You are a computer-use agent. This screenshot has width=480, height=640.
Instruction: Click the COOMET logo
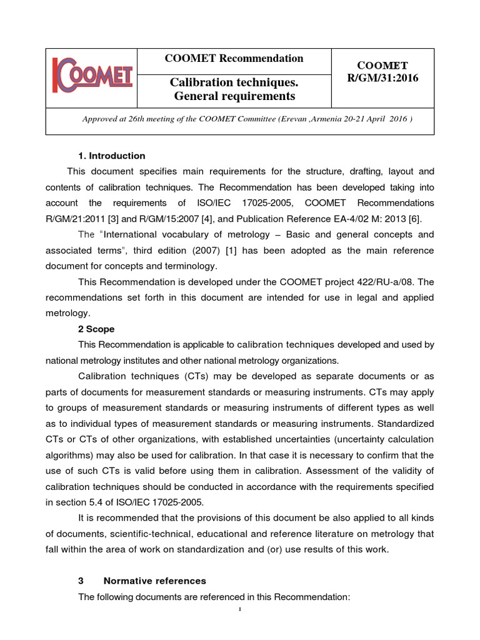[x=92, y=77]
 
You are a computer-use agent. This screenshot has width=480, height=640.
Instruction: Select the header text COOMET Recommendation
[x=233, y=59]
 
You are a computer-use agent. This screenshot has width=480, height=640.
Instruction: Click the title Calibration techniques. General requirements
[x=233, y=89]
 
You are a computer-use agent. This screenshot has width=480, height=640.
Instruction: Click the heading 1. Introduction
[x=111, y=156]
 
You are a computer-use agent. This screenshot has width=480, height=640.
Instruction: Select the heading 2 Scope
[x=96, y=329]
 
